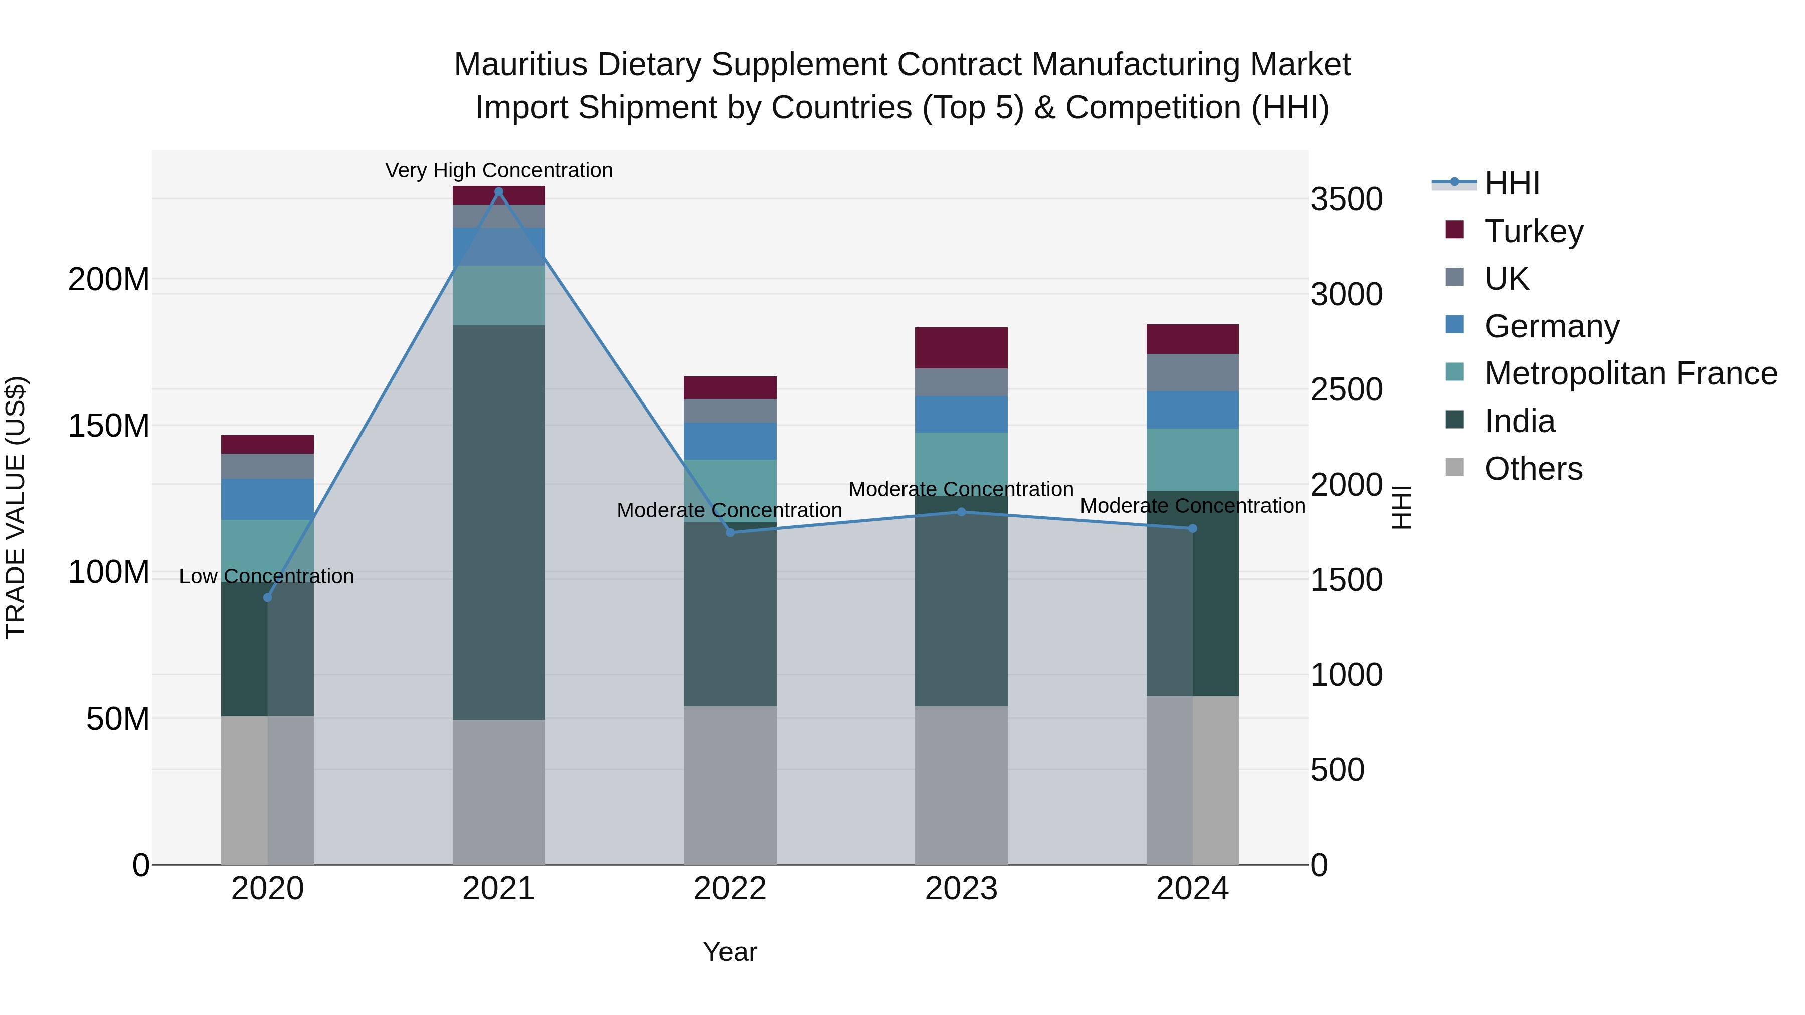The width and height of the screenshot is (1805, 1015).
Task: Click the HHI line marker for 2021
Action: pyautogui.click(x=499, y=192)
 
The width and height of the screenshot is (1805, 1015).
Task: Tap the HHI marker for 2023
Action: pyautogui.click(x=961, y=512)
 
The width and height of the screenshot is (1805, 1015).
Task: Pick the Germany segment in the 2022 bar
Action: pyautogui.click(x=730, y=441)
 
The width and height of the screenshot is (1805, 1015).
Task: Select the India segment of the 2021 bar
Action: pyautogui.click(x=499, y=522)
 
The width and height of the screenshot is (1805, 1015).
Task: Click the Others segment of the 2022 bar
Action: pyautogui.click(x=730, y=784)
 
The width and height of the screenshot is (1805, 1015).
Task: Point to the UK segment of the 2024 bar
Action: pyautogui.click(x=1193, y=372)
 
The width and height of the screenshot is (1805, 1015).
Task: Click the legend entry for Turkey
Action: pyautogui.click(x=1533, y=231)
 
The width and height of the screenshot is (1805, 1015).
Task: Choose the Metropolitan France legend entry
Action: pyautogui.click(x=1630, y=373)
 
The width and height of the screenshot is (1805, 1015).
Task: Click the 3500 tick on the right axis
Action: pyautogui.click(x=1346, y=199)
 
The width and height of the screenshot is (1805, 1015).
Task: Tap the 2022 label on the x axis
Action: pyautogui.click(x=730, y=889)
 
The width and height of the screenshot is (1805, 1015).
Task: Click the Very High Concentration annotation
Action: pyautogui.click(x=499, y=170)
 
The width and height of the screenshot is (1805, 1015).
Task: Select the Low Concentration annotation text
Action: pyautogui.click(x=266, y=576)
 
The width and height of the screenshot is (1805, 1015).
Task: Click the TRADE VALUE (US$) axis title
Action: pyautogui.click(x=16, y=507)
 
